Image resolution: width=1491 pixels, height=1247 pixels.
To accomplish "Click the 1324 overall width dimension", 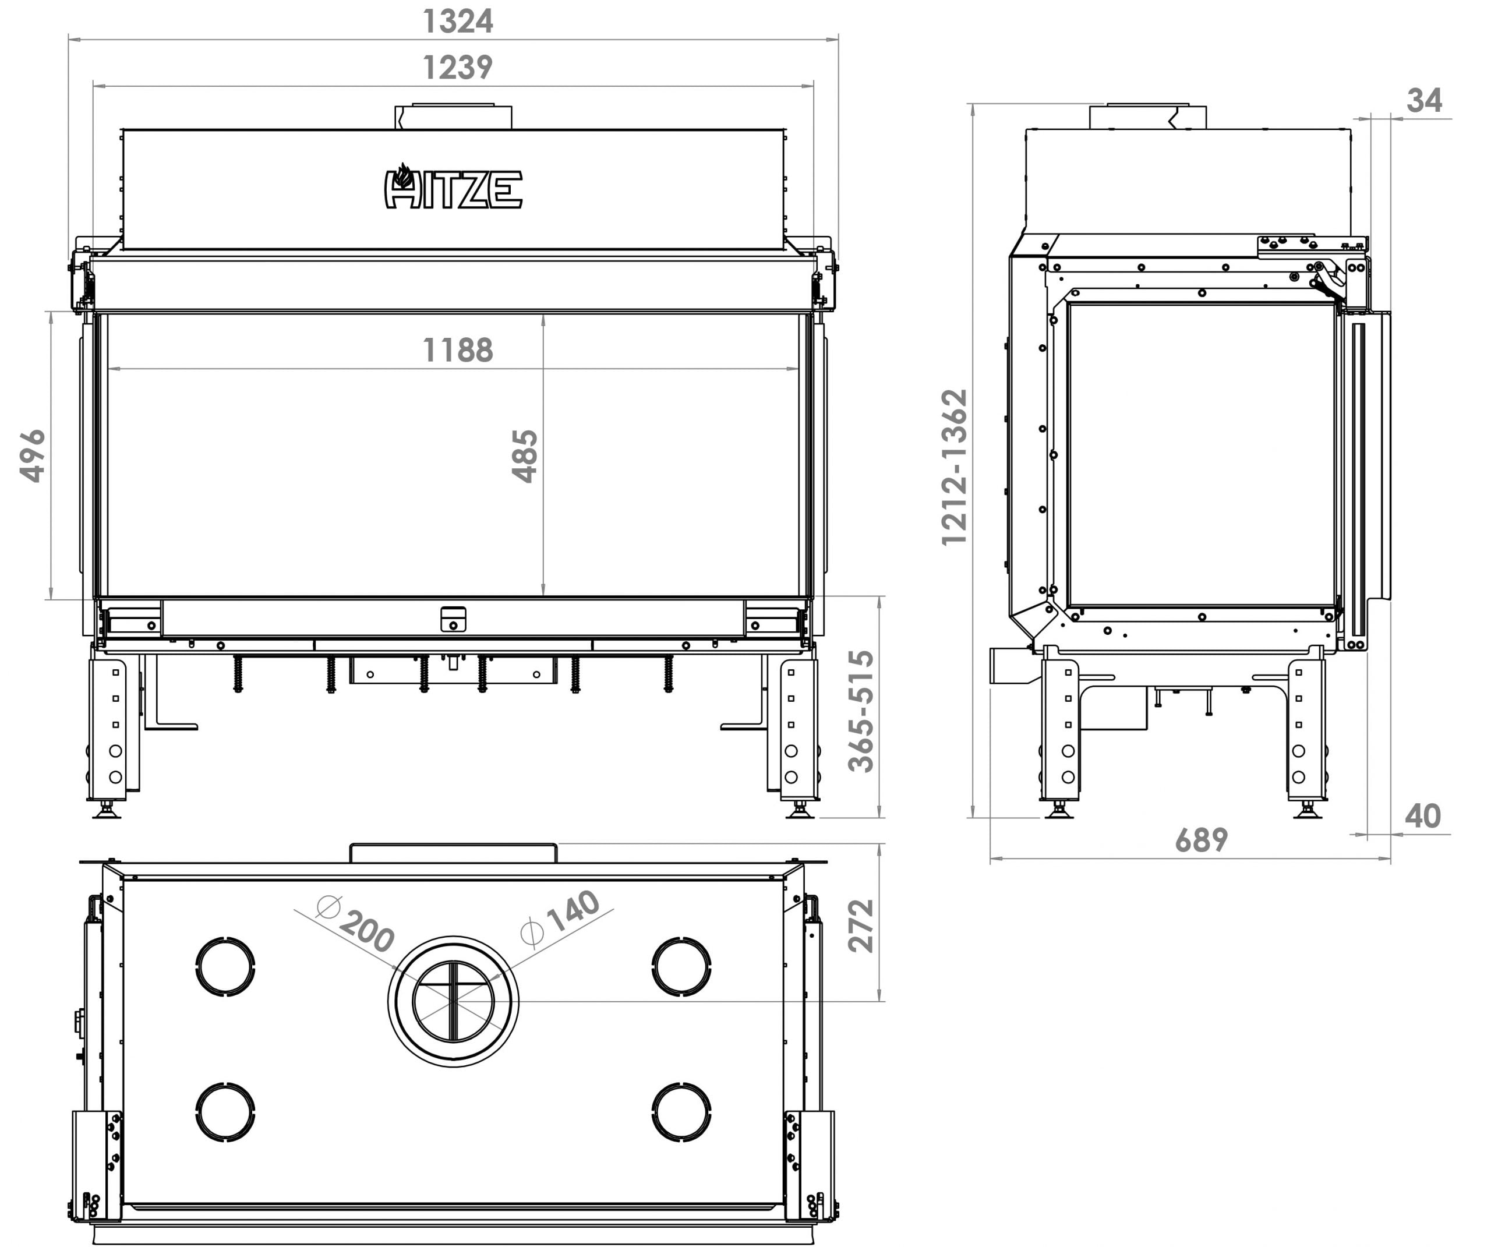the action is (x=457, y=22).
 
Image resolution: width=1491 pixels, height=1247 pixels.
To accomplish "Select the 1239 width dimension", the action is (x=457, y=68).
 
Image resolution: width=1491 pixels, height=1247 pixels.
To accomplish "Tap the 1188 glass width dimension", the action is (x=457, y=350).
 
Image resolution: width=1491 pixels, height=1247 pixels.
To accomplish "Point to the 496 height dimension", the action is (x=33, y=456).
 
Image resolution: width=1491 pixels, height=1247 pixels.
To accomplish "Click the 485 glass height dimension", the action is (x=525, y=456).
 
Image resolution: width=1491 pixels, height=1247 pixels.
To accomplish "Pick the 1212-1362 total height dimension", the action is (x=954, y=467).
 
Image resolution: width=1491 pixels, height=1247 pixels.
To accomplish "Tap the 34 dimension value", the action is (x=1424, y=101).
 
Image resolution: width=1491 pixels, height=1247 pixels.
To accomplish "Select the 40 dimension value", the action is (x=1423, y=817).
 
